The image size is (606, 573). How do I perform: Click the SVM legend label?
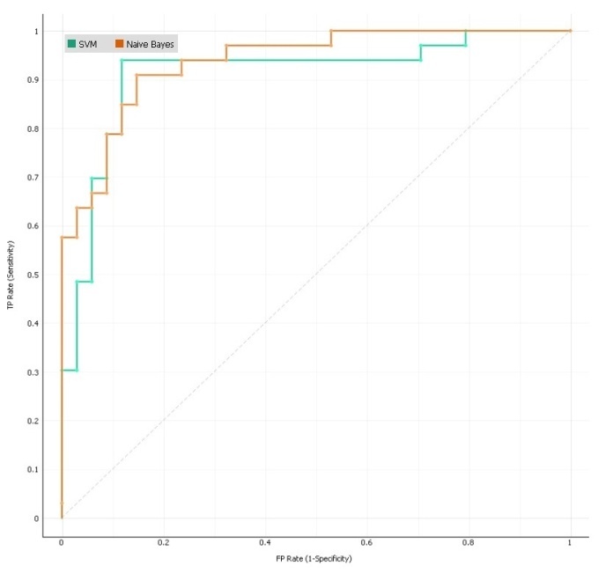87,43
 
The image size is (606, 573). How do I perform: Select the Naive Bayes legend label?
151,43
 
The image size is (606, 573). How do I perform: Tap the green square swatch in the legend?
71,43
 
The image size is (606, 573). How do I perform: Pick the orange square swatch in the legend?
119,43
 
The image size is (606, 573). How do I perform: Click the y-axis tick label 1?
36,32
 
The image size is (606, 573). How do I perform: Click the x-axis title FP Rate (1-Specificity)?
315,557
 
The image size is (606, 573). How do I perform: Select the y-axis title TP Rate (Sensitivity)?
11,275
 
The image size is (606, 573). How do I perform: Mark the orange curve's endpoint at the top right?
570,31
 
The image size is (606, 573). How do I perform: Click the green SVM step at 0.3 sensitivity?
70,370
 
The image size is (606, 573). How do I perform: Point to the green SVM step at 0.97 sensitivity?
443,45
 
